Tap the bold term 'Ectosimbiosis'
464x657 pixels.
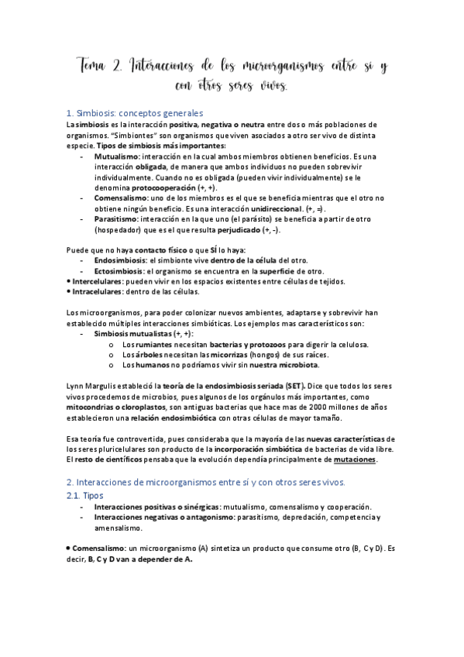[119, 272]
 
